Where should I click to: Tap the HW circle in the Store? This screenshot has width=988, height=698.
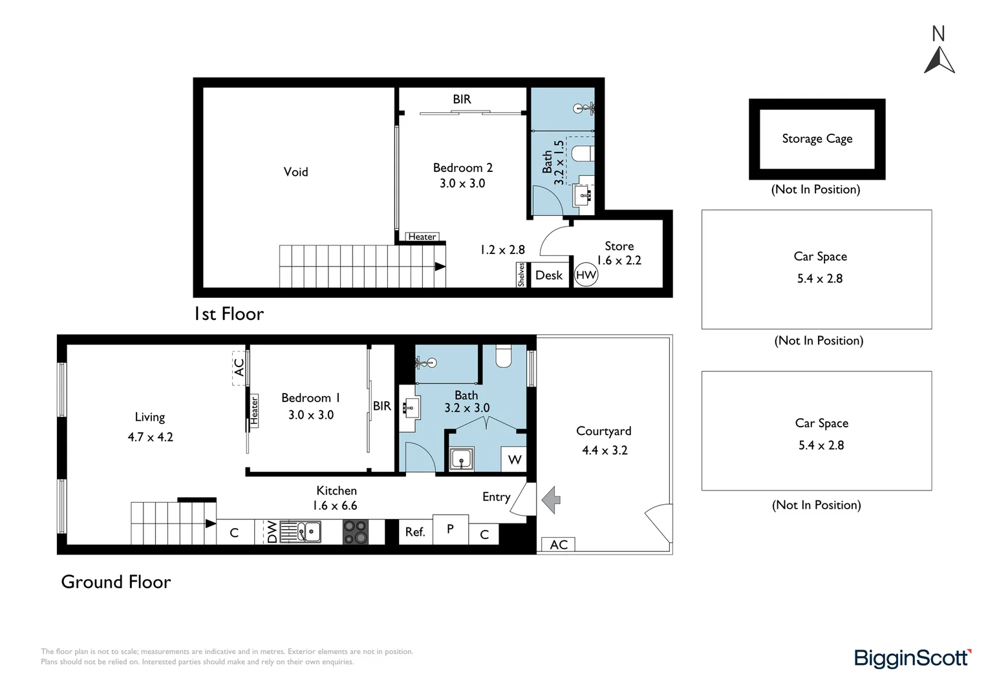pos(586,275)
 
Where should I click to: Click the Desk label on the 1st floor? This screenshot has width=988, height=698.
pos(549,275)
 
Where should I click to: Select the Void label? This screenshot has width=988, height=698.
pos(295,172)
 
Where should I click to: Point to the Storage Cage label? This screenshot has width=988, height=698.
pos(817,139)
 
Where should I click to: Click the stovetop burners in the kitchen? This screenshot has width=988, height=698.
pos(355,532)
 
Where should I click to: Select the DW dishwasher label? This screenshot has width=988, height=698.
pos(272,532)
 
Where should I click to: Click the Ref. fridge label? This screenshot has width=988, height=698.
pos(415,532)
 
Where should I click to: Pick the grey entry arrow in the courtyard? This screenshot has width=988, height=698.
pos(551,500)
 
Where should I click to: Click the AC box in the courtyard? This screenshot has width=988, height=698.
pos(558,545)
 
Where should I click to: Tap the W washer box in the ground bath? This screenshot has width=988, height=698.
pos(515,460)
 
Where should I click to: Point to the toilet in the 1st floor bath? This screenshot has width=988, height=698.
pos(583,154)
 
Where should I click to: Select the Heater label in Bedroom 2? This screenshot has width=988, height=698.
pos(422,237)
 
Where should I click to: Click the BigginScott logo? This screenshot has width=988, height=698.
pos(912,658)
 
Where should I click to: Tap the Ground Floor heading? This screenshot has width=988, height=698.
pos(116,582)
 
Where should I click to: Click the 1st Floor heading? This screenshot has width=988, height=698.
pos(229,314)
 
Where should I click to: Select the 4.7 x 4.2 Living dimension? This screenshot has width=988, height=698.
pos(151,437)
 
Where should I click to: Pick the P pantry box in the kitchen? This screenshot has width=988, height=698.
pos(450,529)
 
